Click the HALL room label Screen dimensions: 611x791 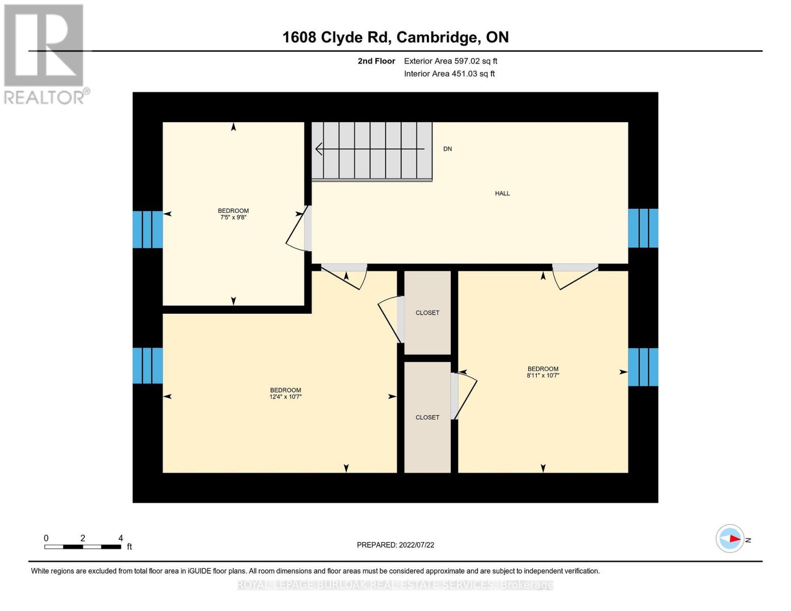[x=502, y=193]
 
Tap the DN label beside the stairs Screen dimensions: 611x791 [x=448, y=149]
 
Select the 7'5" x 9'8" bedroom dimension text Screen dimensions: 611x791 [x=233, y=217]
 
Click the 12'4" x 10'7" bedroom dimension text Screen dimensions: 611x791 [x=285, y=397]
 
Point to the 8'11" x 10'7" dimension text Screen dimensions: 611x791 [x=543, y=375]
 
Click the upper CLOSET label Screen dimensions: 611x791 [x=427, y=313]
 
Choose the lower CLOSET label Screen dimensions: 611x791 [x=427, y=418]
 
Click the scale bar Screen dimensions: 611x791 [x=83, y=547]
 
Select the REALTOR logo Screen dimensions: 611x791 [x=45, y=53]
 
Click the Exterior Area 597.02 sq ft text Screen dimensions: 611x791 [x=450, y=61]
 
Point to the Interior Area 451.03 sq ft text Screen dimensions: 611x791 [x=449, y=74]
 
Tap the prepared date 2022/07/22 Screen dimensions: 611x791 [x=396, y=545]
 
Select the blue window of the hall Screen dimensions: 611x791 [x=643, y=228]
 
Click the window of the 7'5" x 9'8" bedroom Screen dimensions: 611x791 [x=148, y=230]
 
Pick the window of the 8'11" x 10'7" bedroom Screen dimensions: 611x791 [x=643, y=367]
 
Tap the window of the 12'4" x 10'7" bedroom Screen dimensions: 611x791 [x=148, y=366]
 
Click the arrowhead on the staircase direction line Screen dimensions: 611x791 [x=319, y=149]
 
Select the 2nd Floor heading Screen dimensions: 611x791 [x=376, y=61]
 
